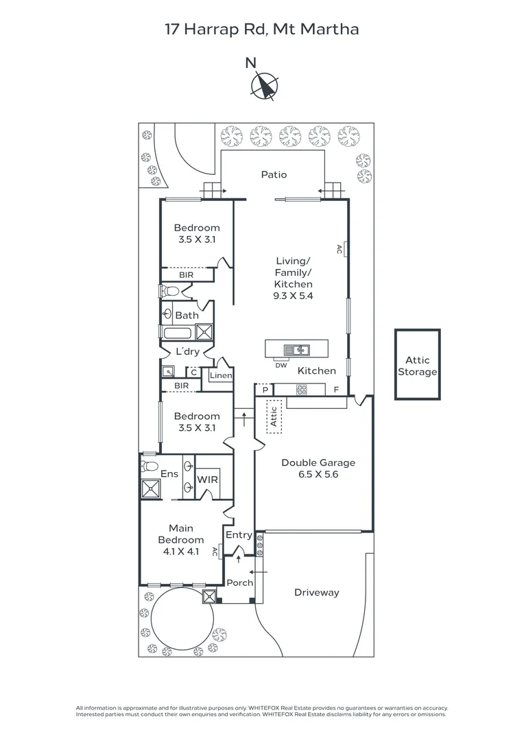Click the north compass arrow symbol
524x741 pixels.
click(x=264, y=86)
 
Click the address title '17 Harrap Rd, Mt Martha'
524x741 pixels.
click(x=261, y=30)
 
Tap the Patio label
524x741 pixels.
click(x=274, y=175)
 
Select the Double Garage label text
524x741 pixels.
click(x=318, y=462)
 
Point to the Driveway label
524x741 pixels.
click(x=316, y=592)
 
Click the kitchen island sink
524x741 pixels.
click(x=300, y=350)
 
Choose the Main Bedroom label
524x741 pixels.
click(x=181, y=534)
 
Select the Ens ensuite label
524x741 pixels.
click(x=169, y=474)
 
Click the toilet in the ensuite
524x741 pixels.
click(x=149, y=466)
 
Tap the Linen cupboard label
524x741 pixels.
click(x=221, y=376)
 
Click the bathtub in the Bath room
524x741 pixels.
click(x=178, y=333)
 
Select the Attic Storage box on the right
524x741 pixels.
click(x=417, y=365)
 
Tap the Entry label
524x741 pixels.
click(x=239, y=535)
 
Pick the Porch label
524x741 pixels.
click(x=240, y=583)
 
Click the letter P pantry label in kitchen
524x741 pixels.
click(x=264, y=389)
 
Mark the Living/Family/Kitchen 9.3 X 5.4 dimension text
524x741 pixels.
click(x=294, y=296)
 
